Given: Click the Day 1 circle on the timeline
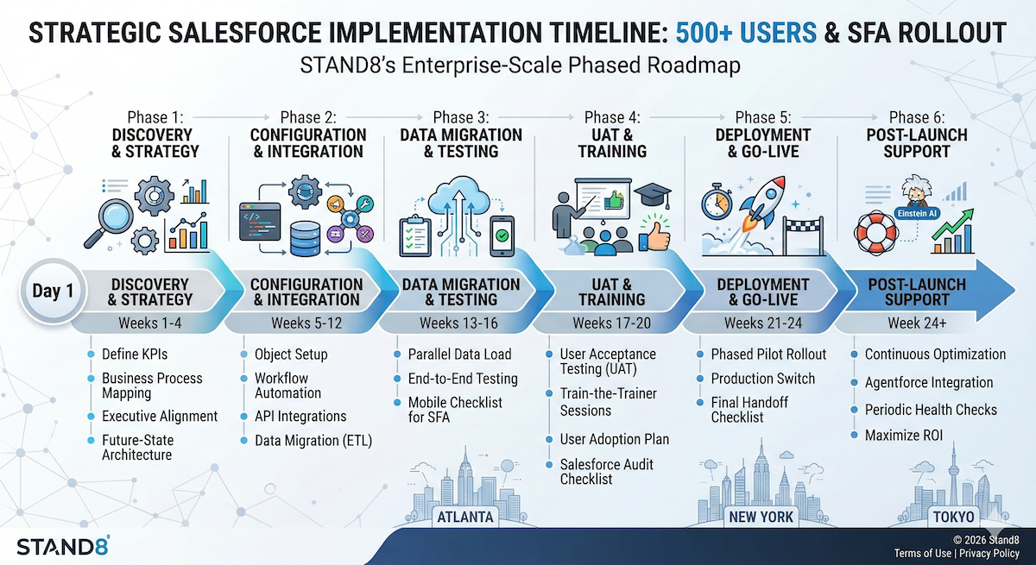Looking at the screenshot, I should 53,292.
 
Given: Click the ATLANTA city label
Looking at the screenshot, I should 465,517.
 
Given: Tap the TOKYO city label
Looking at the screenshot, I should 953,517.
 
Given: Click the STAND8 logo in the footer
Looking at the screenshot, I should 63,545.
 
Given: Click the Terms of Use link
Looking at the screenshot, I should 923,553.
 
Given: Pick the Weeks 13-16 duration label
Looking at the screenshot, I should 458,323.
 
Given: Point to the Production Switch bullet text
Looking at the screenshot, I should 763,379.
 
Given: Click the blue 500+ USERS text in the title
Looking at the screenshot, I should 746,33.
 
